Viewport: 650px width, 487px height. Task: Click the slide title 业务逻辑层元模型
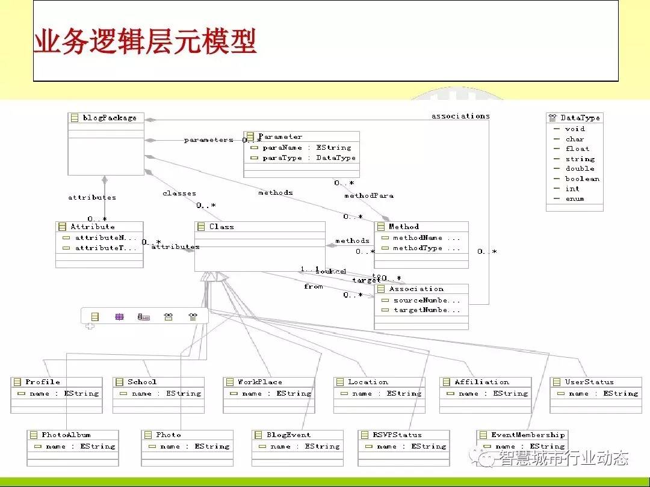[145, 42]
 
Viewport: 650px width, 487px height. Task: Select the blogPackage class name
[110, 118]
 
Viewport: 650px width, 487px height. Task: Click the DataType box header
[580, 118]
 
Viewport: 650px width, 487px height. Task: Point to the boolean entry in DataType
[582, 179]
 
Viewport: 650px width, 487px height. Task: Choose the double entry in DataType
[580, 168]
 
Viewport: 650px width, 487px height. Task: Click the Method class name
[404, 227]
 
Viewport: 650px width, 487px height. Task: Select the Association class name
[416, 289]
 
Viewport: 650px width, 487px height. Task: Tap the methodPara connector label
[369, 196]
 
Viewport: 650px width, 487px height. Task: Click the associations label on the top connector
[460, 116]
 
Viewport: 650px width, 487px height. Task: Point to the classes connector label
[179, 194]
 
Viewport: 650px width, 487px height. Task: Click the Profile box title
[43, 382]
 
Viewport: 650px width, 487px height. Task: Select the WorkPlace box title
[259, 382]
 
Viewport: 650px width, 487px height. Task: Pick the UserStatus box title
[589, 382]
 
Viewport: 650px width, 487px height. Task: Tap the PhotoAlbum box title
[66, 435]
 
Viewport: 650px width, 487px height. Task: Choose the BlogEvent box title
[289, 435]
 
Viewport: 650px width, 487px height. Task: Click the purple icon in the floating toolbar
[119, 316]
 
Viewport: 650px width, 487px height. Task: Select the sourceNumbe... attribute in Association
[427, 300]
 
